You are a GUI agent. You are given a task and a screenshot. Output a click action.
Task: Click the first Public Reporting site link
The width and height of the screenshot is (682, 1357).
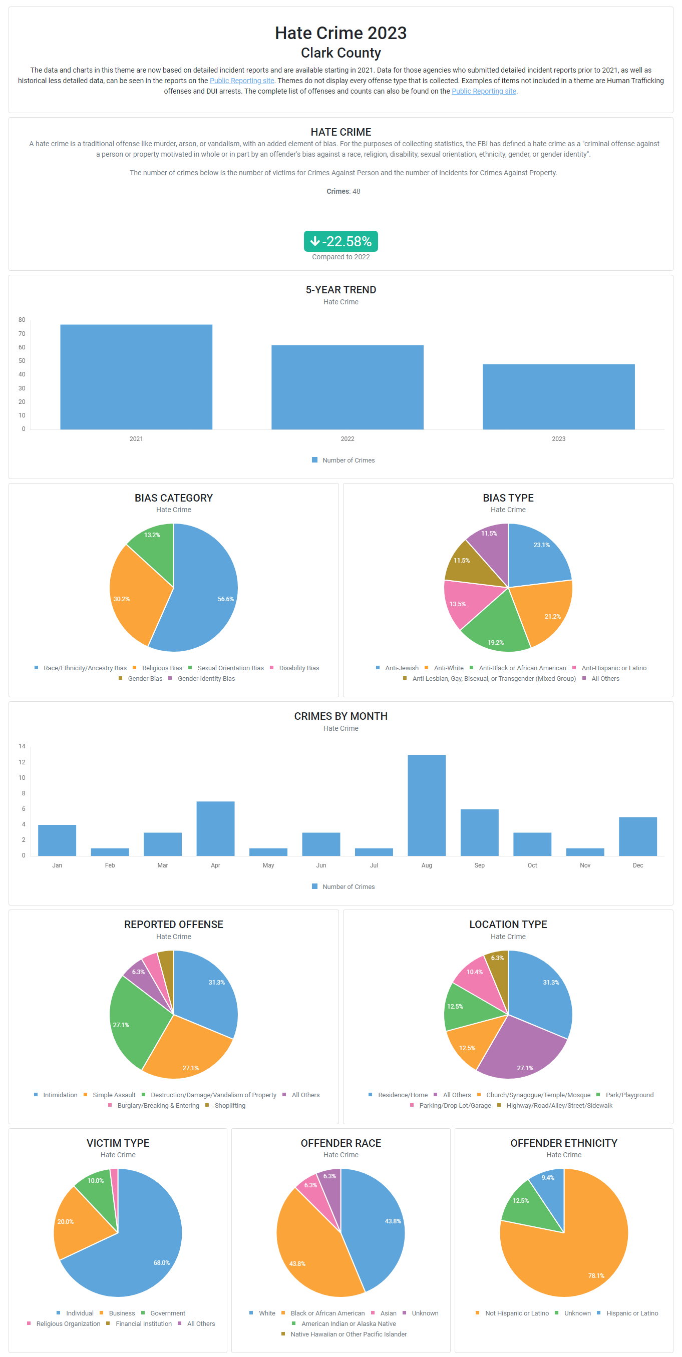pyautogui.click(x=241, y=81)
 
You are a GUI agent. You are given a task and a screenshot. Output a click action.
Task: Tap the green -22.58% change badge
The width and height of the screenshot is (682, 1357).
pyautogui.click(x=340, y=241)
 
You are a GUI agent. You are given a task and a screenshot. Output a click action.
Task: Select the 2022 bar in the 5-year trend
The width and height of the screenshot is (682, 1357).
pyautogui.click(x=348, y=387)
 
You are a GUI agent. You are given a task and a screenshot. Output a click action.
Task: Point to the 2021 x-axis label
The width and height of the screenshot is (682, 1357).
pyautogui.click(x=136, y=439)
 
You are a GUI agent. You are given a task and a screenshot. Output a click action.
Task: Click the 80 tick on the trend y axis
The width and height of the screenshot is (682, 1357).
pyautogui.click(x=22, y=320)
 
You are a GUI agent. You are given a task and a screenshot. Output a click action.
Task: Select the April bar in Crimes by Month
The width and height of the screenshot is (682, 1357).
pyautogui.click(x=215, y=828)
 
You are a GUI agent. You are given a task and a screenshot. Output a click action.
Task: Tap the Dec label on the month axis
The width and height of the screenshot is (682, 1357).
pyautogui.click(x=638, y=865)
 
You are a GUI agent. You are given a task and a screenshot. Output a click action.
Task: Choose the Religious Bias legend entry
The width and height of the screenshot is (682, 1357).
pyautogui.click(x=162, y=668)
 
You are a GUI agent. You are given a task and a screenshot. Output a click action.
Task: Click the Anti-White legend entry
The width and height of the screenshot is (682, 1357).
pyautogui.click(x=449, y=668)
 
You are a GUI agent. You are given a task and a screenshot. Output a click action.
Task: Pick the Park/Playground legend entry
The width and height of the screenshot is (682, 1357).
pyautogui.click(x=629, y=1095)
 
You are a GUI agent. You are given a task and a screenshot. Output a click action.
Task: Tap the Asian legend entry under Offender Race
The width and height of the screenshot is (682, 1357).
pyautogui.click(x=388, y=1313)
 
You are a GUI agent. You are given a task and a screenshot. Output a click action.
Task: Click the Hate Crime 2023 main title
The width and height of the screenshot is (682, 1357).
pyautogui.click(x=340, y=33)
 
